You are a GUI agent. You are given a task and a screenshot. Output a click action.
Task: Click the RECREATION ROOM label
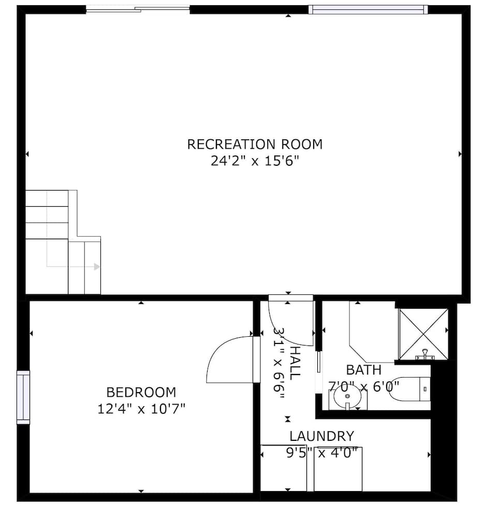255,144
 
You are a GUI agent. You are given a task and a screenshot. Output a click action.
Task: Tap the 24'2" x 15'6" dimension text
255,161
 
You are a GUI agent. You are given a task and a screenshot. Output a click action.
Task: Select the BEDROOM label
141,392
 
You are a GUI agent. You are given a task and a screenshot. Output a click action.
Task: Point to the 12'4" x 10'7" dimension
141,409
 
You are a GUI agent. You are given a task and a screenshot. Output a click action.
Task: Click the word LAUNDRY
321,436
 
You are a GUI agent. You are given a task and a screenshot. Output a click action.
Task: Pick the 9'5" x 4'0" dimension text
321,453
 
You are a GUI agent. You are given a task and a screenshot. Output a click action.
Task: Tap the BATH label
363,370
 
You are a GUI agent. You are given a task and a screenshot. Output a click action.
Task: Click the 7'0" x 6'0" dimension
363,386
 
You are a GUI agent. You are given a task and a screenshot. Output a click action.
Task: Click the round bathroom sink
347,397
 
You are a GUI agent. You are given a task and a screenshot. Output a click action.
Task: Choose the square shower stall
423,334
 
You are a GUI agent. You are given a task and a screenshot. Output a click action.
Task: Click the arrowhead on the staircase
97,267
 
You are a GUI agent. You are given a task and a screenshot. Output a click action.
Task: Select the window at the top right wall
368,9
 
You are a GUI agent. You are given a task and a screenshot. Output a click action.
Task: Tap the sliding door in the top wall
138,8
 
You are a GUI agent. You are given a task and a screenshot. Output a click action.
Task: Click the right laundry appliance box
338,469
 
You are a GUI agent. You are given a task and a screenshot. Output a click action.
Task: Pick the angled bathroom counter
370,334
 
